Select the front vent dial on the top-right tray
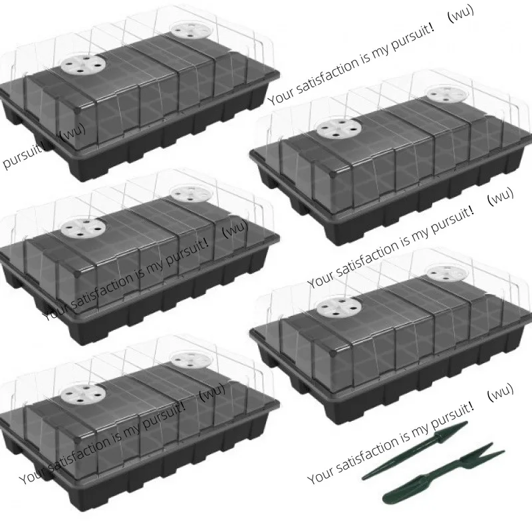(x=338, y=128)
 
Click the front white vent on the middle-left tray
(x=82, y=227)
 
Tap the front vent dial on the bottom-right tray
(x=338, y=307)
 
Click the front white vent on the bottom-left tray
(x=82, y=394)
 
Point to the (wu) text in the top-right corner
(x=461, y=13)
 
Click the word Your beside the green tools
(x=320, y=473)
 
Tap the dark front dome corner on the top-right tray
(x=333, y=174)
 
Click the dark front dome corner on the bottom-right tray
(x=333, y=352)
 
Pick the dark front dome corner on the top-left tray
(x=78, y=110)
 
